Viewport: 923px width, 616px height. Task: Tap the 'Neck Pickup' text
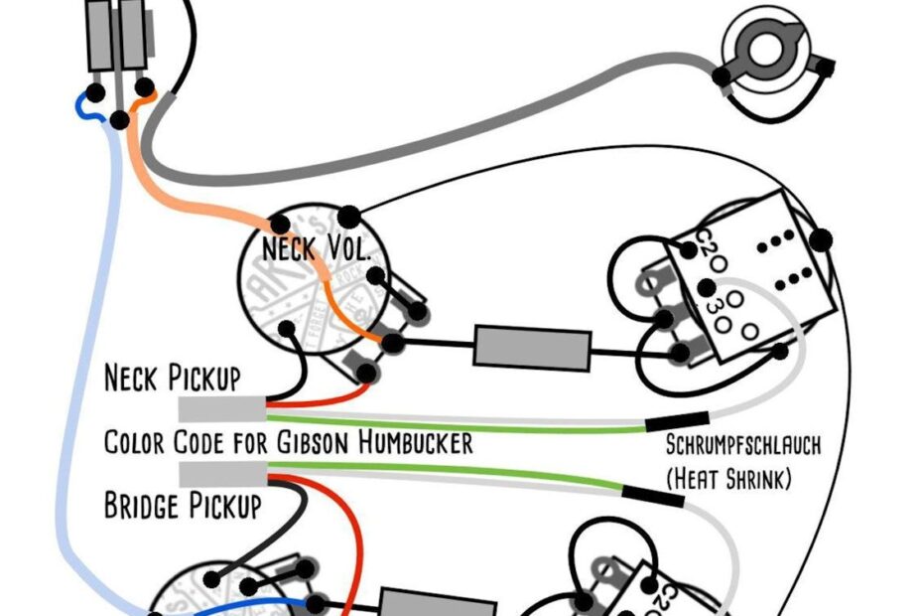(172, 378)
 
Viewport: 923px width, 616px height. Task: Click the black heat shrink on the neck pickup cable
(677, 422)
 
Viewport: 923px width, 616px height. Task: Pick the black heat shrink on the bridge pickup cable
(653, 493)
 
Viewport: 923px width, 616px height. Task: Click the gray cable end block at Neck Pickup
(220, 407)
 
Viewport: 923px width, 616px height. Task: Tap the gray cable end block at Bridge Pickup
(220, 475)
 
